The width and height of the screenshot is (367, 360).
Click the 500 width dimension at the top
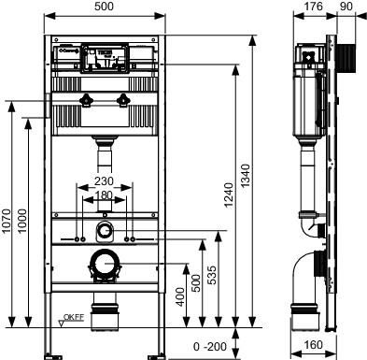click(x=104, y=7)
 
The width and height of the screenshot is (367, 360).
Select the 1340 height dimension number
click(x=246, y=176)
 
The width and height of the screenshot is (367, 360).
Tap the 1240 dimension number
click(x=228, y=195)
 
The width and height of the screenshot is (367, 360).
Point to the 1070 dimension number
click(x=7, y=222)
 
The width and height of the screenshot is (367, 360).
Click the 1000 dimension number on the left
click(x=22, y=222)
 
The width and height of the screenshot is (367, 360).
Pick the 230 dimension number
click(x=104, y=181)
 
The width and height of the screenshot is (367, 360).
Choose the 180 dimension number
click(x=104, y=195)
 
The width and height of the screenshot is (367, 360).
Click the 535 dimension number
click(x=212, y=275)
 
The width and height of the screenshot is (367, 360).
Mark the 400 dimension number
click(x=180, y=296)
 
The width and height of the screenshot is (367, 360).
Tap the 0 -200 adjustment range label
click(x=210, y=346)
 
